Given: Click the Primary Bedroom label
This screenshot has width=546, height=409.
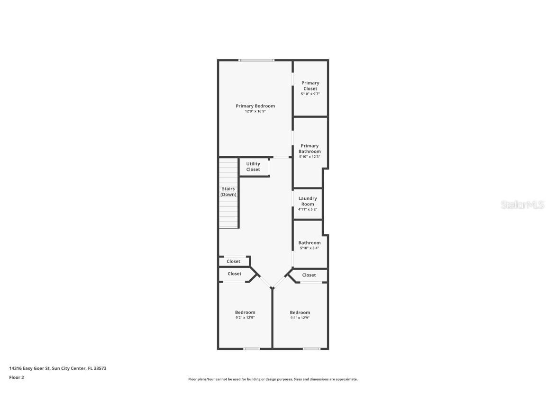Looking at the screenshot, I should (255, 106).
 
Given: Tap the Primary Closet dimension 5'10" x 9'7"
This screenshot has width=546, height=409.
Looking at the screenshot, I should (310, 94).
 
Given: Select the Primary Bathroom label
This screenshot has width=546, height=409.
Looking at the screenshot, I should (309, 149).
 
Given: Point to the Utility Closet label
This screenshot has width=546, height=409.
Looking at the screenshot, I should (253, 167).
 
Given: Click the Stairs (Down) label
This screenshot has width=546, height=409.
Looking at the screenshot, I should (228, 192).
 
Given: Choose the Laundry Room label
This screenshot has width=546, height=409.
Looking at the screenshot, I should (308, 201).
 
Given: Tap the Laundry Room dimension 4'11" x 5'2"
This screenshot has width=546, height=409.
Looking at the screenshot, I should (308, 209).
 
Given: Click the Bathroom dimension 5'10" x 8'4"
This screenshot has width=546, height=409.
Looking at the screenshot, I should (309, 248).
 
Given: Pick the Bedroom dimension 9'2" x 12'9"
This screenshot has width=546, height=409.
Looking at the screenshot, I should (245, 318).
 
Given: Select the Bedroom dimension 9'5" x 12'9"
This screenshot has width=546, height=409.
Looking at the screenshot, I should (300, 318).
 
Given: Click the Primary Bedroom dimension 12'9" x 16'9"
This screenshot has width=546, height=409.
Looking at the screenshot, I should (255, 111).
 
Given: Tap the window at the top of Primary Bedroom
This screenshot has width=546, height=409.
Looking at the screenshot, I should (256, 60).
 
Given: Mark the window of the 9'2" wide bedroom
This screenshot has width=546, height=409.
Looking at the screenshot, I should (252, 349).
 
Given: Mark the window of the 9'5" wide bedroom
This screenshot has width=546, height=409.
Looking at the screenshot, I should (311, 349).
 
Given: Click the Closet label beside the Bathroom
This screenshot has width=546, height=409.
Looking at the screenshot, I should (309, 275).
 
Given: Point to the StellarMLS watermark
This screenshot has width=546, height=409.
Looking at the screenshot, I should (522, 205).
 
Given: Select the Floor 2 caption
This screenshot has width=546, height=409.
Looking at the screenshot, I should (17, 377).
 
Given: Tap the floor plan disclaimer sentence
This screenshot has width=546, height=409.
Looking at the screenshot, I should (273, 379).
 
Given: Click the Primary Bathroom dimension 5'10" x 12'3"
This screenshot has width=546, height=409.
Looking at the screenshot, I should (309, 157).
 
